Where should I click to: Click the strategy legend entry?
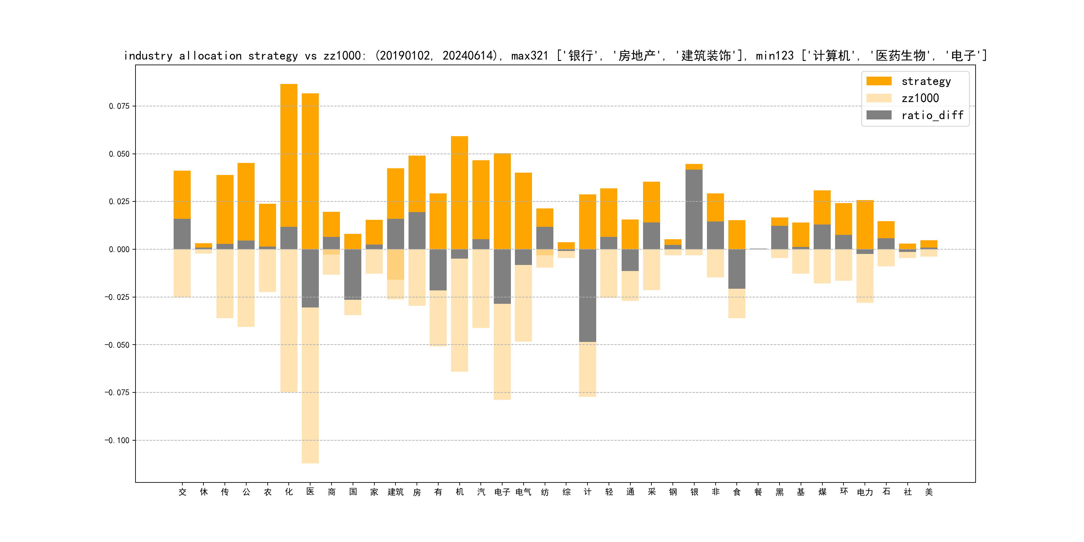pos(925,81)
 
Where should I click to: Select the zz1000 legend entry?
pos(920,98)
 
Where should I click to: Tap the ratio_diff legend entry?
pos(932,115)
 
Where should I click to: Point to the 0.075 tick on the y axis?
pos(119,106)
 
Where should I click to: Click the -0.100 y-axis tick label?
pos(117,440)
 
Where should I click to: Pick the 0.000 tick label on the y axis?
pos(119,249)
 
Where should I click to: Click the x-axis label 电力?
pos(865,492)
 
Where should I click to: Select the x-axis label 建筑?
pos(395,492)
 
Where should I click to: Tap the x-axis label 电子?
pos(502,492)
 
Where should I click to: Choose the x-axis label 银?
pos(694,492)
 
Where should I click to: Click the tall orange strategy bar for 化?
pos(289,156)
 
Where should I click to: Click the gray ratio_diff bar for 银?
pos(694,209)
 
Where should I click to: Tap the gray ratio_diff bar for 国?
pos(353,274)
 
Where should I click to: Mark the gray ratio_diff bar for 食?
pos(736,269)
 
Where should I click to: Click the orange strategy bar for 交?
pos(182,194)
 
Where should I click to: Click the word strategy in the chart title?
pos(273,56)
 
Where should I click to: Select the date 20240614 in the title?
pos(467,56)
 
